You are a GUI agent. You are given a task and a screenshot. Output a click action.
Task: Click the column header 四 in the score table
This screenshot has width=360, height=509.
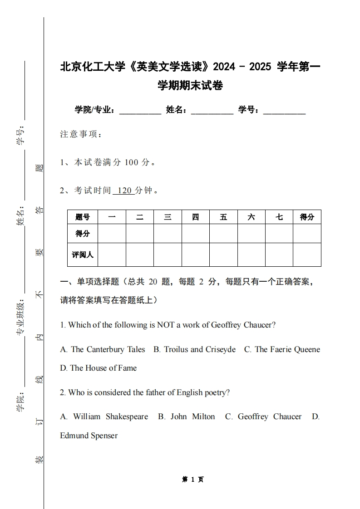(196, 217)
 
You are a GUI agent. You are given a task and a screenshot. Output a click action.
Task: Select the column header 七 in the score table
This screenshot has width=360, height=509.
(279, 217)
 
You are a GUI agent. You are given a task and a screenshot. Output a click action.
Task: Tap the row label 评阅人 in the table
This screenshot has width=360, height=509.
(83, 254)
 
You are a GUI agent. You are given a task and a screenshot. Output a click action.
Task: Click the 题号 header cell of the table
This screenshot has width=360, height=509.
(83, 217)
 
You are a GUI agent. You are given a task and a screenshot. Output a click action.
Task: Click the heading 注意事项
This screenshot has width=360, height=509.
(81, 134)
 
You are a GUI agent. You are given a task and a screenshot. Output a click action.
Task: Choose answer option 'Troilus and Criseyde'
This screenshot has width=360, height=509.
(195, 349)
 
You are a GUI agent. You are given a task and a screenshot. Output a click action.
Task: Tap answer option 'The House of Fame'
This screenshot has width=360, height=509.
(99, 368)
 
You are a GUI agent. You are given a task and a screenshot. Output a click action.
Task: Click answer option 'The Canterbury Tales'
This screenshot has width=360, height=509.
(103, 349)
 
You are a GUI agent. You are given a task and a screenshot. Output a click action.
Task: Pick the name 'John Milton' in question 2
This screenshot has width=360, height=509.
(187, 416)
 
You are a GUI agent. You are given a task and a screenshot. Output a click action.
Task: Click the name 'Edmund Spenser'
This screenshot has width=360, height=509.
(89, 436)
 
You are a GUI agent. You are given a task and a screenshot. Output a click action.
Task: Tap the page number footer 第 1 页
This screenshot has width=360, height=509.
(193, 480)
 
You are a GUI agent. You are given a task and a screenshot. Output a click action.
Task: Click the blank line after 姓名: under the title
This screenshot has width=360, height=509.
(212, 110)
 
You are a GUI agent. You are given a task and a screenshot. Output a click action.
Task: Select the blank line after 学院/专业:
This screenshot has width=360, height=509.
(140, 110)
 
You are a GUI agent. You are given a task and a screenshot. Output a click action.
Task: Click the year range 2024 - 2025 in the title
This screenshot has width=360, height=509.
(242, 67)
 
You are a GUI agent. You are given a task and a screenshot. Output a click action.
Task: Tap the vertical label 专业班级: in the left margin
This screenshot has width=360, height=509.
(20, 318)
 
